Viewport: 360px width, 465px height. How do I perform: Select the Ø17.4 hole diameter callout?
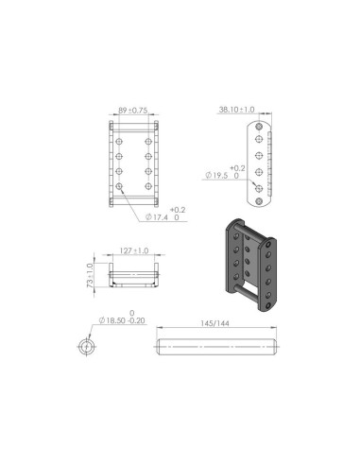[x=163, y=218]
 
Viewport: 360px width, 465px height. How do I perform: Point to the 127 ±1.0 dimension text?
[x=134, y=251]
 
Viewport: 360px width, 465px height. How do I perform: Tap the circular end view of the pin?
[x=87, y=347]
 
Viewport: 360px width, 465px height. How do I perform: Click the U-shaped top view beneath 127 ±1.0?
[x=134, y=276]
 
